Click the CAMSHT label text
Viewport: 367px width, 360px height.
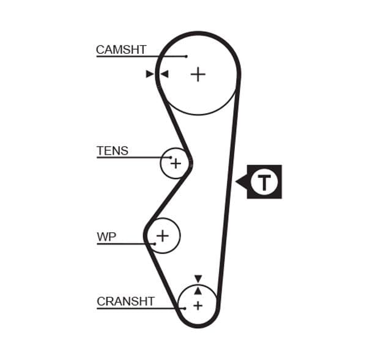121,50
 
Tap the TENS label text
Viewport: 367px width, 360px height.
113,150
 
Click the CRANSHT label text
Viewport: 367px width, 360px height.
125,301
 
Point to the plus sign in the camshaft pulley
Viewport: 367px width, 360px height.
198,75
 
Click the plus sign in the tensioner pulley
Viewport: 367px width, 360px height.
176,163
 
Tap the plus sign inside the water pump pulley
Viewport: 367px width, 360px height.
163,235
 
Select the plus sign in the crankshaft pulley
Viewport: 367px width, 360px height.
198,304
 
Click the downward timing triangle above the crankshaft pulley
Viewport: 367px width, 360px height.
198,279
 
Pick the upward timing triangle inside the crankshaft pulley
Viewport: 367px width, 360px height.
198,290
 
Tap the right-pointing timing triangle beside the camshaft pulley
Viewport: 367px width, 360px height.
150,75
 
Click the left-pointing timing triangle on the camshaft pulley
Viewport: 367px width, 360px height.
164,75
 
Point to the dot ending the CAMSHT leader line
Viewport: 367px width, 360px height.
186,56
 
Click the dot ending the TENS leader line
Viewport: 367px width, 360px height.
171,158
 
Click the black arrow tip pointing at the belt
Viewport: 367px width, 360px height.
238,182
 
